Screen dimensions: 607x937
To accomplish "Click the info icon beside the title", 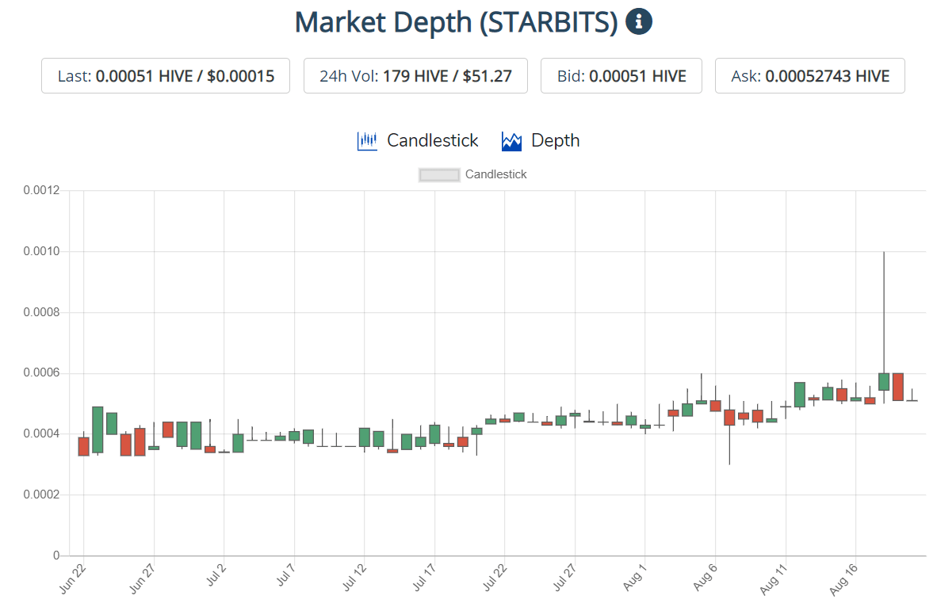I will click(x=639, y=22).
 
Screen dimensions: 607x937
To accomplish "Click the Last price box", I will click(x=166, y=76).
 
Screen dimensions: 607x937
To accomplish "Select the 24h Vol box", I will click(x=415, y=76).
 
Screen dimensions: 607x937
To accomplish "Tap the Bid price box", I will click(x=621, y=76).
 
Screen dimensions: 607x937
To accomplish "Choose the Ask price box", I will click(x=809, y=76).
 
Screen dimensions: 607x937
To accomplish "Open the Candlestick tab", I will click(x=419, y=141).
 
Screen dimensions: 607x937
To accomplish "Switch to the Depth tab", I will click(x=541, y=141).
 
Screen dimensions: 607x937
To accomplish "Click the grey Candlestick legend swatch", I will click(x=439, y=175).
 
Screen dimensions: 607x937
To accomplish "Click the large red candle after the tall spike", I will click(x=898, y=387).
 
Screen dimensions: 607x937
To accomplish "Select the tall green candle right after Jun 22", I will click(x=98, y=429).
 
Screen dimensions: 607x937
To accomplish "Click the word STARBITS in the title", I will click(x=548, y=22).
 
